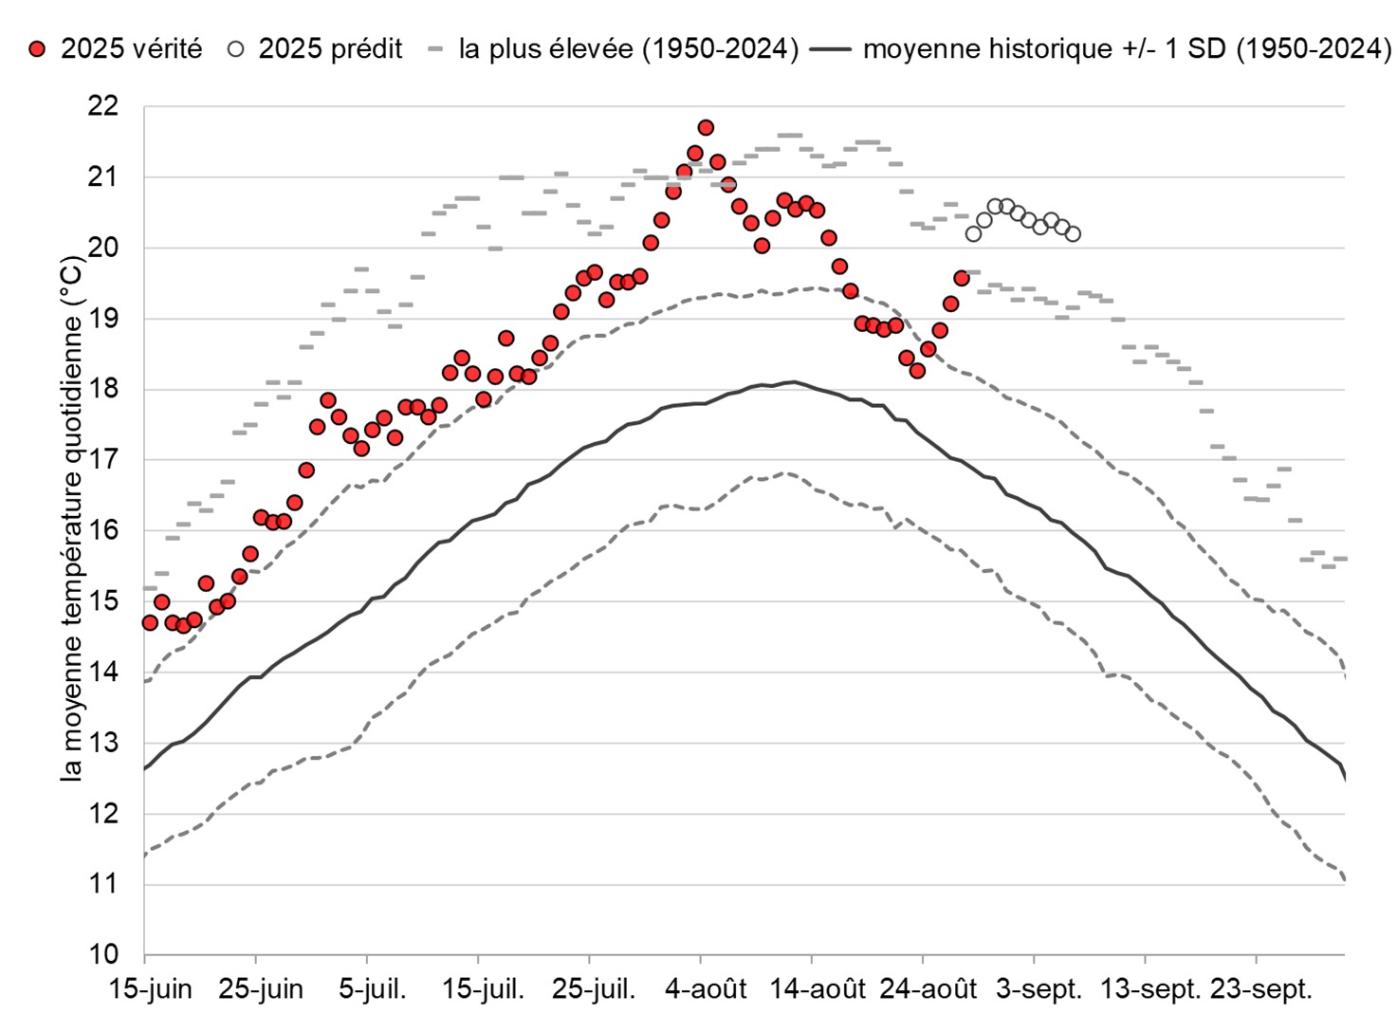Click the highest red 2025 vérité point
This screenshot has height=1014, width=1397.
(x=706, y=127)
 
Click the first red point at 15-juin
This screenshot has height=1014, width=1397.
(x=150, y=622)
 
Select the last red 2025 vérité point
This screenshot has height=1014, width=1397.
(x=961, y=278)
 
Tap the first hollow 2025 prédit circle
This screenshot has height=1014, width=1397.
(x=973, y=233)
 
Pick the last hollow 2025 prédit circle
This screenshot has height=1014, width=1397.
(x=1073, y=233)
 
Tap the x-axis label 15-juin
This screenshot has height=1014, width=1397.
(x=150, y=989)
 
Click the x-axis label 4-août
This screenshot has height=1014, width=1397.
(x=706, y=989)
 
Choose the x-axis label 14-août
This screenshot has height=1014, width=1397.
(x=818, y=989)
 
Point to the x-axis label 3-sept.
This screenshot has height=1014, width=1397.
(x=1039, y=989)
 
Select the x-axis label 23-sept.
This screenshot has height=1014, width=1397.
(x=1261, y=989)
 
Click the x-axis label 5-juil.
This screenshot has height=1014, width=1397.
(x=372, y=989)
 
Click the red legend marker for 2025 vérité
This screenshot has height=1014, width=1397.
(x=37, y=49)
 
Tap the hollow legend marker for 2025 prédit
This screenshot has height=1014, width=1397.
(x=235, y=49)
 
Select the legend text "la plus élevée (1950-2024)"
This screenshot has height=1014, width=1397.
(x=628, y=48)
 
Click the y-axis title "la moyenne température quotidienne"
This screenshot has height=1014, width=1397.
(x=72, y=518)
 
